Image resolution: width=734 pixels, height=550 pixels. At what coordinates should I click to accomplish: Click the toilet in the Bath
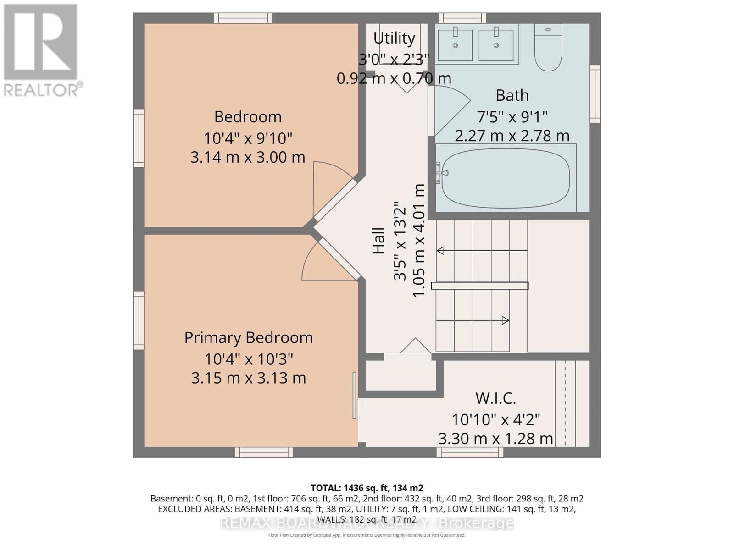[x=548, y=47]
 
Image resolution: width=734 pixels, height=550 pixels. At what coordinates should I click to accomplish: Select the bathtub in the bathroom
[x=505, y=178]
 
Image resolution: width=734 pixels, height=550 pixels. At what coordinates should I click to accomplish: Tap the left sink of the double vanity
[x=455, y=45]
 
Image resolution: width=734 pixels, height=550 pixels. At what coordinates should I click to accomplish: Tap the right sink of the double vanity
[x=496, y=45]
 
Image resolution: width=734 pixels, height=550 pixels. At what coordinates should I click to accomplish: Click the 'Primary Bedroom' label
[x=249, y=338]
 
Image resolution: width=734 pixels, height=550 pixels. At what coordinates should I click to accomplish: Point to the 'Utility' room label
[x=394, y=38]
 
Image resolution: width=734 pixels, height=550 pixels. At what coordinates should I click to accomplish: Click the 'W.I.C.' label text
[x=495, y=398]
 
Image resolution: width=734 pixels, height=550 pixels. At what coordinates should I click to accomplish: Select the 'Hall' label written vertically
[x=378, y=241]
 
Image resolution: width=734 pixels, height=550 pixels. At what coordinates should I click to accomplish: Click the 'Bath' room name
[x=512, y=95]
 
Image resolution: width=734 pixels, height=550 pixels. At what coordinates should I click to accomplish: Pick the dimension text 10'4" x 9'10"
[x=248, y=138]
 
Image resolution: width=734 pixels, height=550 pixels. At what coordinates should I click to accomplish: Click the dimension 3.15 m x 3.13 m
[x=249, y=378]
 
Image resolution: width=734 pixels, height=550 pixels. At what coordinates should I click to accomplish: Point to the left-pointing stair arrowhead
[x=440, y=250]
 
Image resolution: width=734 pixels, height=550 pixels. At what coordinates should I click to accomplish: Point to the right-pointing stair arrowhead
[x=505, y=320]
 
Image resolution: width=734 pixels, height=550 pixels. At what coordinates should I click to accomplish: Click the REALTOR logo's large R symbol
[x=40, y=42]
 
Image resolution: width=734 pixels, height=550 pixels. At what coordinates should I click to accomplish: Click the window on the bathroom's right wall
[x=595, y=94]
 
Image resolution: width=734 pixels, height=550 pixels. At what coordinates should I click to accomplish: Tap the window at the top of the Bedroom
[x=243, y=18]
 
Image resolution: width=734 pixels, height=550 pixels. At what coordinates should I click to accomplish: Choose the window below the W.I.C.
[x=470, y=452]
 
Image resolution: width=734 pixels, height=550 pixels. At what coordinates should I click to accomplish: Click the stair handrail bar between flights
[x=480, y=286]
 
